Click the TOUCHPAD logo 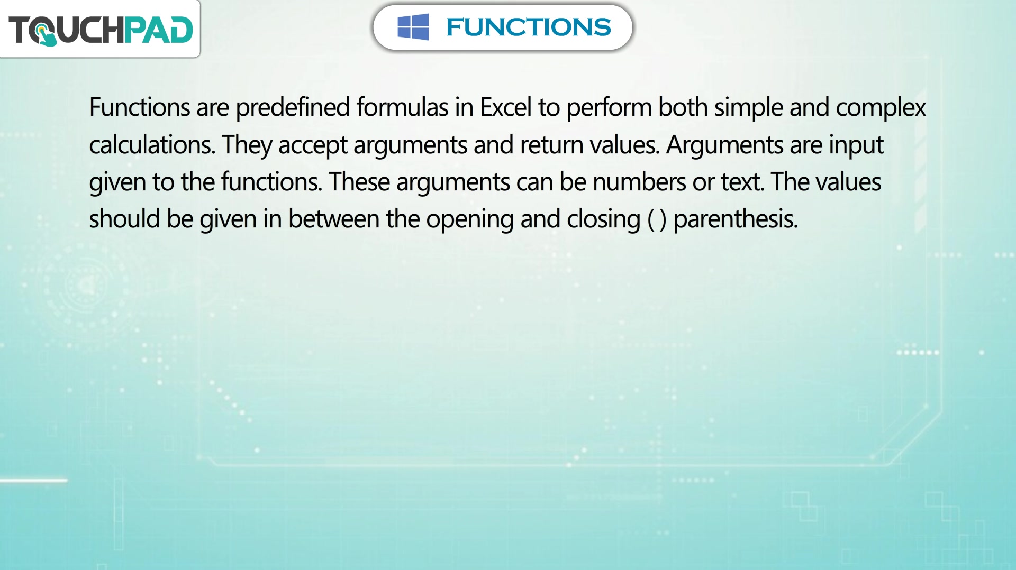click(101, 30)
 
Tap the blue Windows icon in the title click(413, 27)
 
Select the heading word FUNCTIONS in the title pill click(528, 27)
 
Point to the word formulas click(402, 107)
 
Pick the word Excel click(505, 107)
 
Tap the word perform click(609, 108)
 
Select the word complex click(881, 108)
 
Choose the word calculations click(152, 145)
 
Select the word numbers click(639, 182)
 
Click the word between click(333, 219)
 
